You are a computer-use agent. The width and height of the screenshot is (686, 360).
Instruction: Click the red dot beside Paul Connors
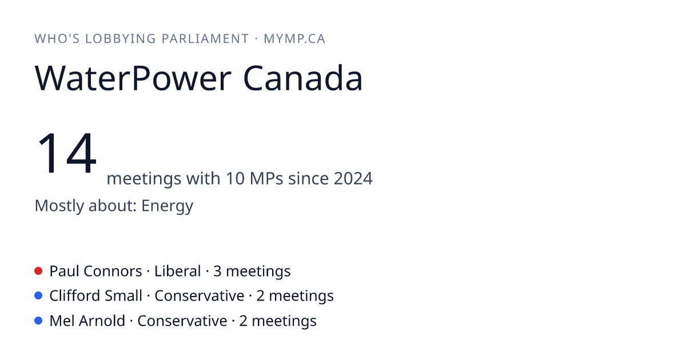tap(38, 271)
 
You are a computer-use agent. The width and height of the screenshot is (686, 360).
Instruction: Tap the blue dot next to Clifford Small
tap(38, 296)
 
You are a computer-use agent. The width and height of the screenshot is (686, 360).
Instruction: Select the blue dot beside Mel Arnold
tap(38, 321)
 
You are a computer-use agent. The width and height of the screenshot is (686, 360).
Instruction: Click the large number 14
tap(66, 153)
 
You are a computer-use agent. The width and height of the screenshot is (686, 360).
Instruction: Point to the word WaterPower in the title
tap(133, 78)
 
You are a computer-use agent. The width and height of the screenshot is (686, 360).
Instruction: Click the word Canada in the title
tap(303, 78)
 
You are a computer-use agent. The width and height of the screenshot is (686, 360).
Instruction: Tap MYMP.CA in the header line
tap(294, 39)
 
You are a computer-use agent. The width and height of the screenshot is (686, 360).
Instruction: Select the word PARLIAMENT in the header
tap(205, 39)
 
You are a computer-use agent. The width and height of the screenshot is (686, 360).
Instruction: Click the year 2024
tap(353, 178)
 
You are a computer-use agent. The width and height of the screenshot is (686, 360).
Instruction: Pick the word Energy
tap(167, 206)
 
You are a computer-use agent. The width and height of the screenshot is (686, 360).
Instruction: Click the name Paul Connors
tap(96, 271)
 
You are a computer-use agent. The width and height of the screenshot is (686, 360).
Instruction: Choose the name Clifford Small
tap(96, 296)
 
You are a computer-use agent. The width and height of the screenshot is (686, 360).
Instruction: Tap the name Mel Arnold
tap(87, 321)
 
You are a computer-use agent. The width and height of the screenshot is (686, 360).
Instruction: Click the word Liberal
tap(178, 271)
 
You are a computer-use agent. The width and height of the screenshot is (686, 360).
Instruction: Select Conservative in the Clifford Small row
tap(200, 296)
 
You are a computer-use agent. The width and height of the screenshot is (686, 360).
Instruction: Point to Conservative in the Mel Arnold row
tap(182, 321)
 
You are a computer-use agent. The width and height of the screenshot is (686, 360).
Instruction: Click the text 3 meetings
tap(252, 271)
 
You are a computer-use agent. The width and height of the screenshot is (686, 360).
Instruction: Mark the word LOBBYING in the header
tap(121, 39)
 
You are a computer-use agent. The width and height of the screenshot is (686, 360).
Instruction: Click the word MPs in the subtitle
tap(266, 178)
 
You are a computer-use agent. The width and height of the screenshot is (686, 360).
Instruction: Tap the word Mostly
tap(59, 206)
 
